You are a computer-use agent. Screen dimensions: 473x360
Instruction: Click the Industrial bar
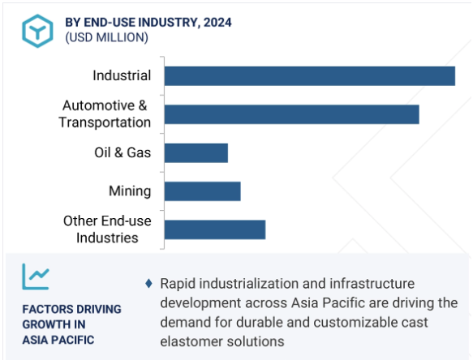[x=310, y=76]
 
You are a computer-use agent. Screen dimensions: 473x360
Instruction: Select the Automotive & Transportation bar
[x=292, y=114]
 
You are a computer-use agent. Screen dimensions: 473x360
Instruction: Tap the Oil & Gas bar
[x=196, y=153]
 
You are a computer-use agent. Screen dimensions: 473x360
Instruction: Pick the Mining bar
[x=202, y=191]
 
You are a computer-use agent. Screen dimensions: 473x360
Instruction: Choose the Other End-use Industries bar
[x=215, y=229]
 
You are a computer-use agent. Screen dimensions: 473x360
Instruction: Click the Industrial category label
[x=122, y=75]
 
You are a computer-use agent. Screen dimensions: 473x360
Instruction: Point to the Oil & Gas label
[x=123, y=152]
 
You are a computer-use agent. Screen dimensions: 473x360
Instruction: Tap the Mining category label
[x=130, y=191]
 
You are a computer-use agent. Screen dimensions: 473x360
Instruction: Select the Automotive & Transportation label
[x=105, y=114]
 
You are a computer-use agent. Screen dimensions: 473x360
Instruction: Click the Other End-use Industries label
[x=107, y=229]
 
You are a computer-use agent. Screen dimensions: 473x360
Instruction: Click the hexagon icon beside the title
[x=37, y=31]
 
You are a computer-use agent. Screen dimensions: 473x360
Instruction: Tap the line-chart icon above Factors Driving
[x=36, y=276]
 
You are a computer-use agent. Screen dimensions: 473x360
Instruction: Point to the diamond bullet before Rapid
[x=148, y=284]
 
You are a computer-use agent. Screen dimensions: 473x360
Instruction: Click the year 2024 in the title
[x=217, y=23]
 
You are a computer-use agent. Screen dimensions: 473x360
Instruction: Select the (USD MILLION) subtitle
[x=107, y=37]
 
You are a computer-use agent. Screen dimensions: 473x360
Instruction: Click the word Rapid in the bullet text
[x=178, y=284]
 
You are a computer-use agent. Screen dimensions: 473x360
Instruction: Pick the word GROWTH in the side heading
[x=54, y=324]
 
